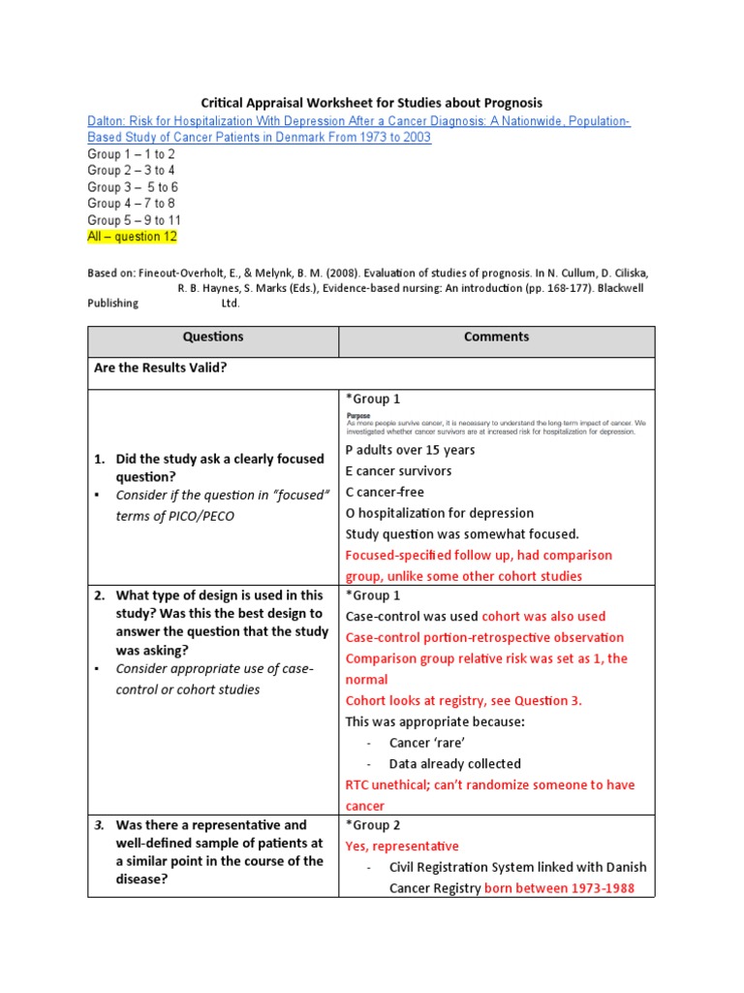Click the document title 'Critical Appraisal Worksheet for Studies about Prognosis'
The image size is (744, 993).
371,102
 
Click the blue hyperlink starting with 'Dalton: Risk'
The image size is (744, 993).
358,129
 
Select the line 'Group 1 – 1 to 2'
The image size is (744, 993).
131,154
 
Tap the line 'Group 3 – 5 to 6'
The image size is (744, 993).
133,187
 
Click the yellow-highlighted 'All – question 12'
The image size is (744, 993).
133,237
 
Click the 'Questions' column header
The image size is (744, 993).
213,337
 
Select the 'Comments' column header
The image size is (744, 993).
496,337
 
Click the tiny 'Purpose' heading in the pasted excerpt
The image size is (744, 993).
358,415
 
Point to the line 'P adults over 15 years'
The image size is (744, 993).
411,450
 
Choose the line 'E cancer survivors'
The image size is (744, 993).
398,471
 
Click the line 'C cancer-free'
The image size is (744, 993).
385,492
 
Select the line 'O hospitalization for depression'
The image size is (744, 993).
440,513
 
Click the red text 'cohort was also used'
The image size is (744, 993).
543,616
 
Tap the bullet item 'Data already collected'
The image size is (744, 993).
454,763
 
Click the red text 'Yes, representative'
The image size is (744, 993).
402,847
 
